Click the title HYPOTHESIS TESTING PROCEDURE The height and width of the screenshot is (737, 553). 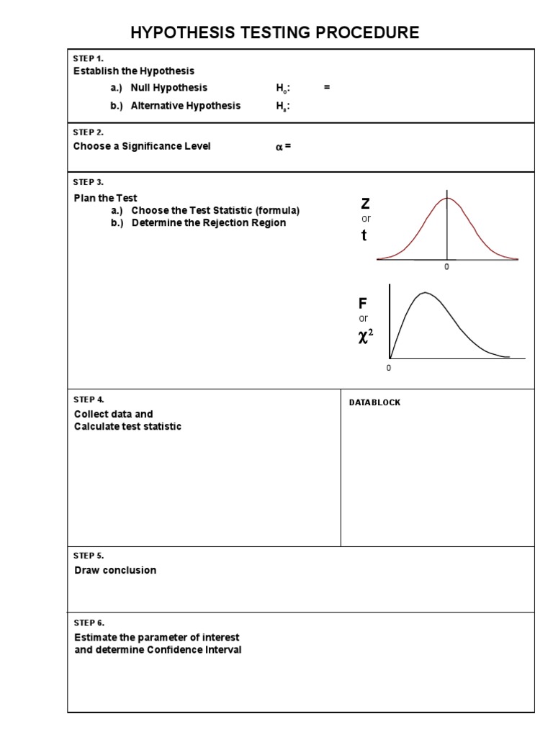click(274, 32)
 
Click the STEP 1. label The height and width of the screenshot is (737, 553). click(89, 58)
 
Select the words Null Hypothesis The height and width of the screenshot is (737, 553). click(168, 88)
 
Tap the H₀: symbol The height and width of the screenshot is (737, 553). click(283, 88)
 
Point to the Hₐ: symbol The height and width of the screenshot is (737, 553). click(283, 106)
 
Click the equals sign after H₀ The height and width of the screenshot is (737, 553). click(327, 87)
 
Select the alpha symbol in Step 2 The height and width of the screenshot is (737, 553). click(279, 147)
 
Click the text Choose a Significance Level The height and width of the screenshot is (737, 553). click(142, 146)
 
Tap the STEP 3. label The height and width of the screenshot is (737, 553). click(89, 182)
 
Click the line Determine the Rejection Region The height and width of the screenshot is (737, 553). click(208, 223)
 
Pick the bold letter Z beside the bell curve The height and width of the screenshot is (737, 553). click(365, 204)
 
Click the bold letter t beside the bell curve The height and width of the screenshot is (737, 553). click(364, 235)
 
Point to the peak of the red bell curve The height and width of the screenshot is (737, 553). click(447, 198)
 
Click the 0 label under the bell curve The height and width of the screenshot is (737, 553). click(446, 267)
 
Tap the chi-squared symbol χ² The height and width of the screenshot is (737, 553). click(365, 335)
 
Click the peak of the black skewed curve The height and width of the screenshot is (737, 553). click(426, 292)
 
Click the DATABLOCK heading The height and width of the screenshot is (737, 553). click(374, 402)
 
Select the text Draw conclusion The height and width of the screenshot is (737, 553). click(115, 570)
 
